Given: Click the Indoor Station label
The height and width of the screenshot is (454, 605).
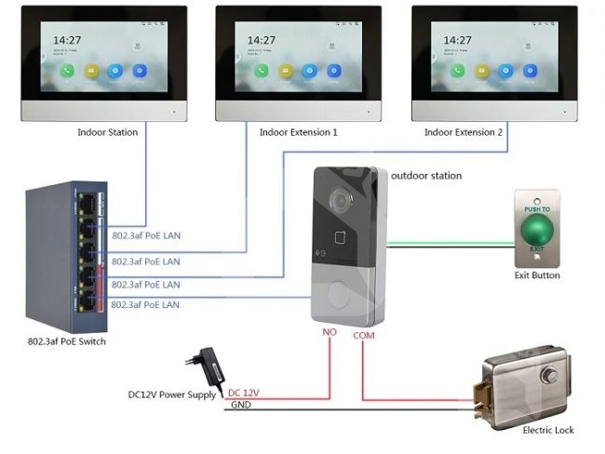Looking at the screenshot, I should click(107, 132).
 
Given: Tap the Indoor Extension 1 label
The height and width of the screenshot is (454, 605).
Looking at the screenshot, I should click(298, 132).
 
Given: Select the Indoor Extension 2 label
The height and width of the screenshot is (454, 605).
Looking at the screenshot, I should click(464, 132).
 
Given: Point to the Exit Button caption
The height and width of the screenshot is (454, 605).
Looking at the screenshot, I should click(537, 275).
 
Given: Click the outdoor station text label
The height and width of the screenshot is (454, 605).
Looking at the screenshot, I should click(425, 175).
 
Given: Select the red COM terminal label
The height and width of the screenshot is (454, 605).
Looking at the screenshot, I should click(364, 334).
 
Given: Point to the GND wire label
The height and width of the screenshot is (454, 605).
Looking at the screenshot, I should click(240, 405).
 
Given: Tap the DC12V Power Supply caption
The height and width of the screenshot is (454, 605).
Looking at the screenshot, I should click(173, 394).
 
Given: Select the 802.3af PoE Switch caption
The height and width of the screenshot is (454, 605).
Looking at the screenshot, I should click(66, 341).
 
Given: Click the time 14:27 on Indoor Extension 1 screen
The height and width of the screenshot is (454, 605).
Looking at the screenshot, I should click(261, 40).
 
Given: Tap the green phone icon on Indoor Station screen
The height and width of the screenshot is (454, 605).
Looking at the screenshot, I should click(67, 70).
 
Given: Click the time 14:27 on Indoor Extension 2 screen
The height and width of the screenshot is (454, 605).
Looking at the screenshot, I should click(458, 40).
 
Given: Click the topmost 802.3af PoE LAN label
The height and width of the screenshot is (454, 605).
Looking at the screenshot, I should click(146, 235).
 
